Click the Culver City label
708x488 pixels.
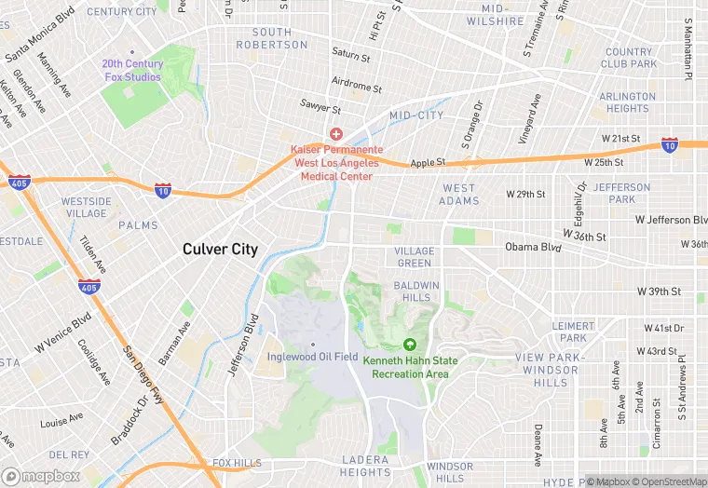(220, 249)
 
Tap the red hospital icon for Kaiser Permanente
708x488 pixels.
(336, 135)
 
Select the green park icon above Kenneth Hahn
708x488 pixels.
(410, 345)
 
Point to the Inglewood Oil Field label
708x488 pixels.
(312, 356)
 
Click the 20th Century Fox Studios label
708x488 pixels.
(132, 70)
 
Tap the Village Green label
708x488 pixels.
(414, 257)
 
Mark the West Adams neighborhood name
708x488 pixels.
(458, 194)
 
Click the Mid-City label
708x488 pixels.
(416, 115)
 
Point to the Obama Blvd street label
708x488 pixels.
(534, 247)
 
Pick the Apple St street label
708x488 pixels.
(429, 162)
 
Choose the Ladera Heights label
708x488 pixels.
(364, 466)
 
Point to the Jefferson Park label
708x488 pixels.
(621, 193)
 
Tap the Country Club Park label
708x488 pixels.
(629, 58)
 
